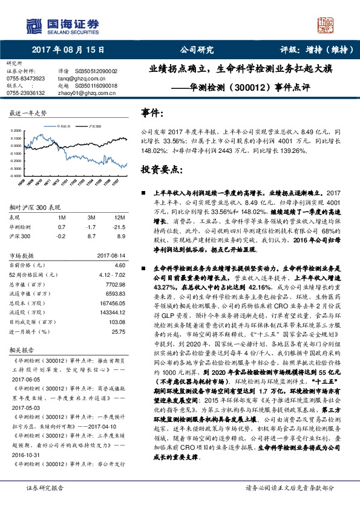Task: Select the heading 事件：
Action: tap(151, 112)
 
